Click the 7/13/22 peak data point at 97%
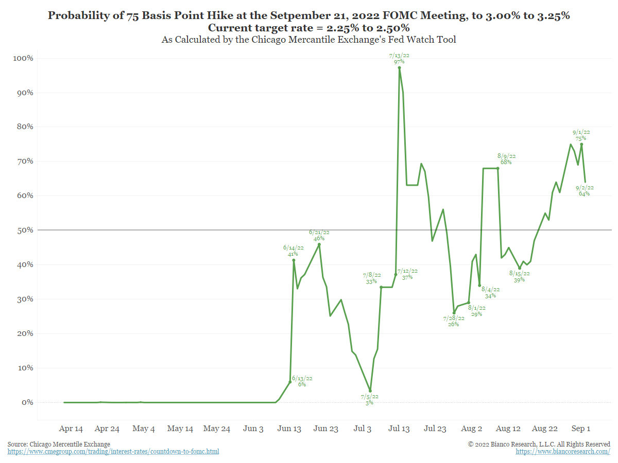point(399,67)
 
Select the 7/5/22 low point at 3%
point(370,391)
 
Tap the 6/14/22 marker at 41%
point(294,260)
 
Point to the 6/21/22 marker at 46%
point(319,244)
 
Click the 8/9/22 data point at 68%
point(497,168)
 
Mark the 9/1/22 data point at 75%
point(581,145)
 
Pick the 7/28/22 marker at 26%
point(454,313)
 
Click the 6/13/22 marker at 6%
point(290,382)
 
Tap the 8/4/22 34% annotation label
point(490,292)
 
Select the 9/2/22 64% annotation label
point(584,190)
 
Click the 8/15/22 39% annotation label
point(519,277)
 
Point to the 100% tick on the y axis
point(23,58)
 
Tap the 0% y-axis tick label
point(26,402)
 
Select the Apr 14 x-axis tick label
point(71,429)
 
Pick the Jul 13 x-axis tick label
point(399,429)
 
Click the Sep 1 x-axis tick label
point(581,429)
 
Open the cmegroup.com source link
point(113,452)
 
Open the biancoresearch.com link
point(563,452)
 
